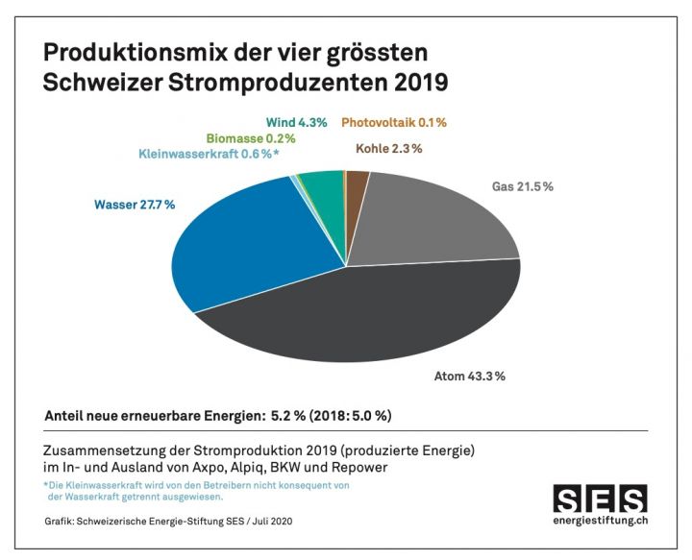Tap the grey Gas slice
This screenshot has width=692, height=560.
point(432,221)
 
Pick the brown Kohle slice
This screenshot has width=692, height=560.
point(357,183)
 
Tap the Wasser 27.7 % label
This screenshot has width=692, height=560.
point(134,205)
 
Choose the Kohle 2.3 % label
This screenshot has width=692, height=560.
point(388,149)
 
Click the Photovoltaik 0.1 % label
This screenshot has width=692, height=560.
point(394,122)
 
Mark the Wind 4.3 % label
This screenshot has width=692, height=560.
point(296,122)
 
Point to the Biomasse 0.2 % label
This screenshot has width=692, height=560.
point(251,138)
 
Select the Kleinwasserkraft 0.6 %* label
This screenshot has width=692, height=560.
point(209,155)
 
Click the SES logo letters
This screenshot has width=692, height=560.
point(600,499)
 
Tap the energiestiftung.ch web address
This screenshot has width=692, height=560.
point(600,522)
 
